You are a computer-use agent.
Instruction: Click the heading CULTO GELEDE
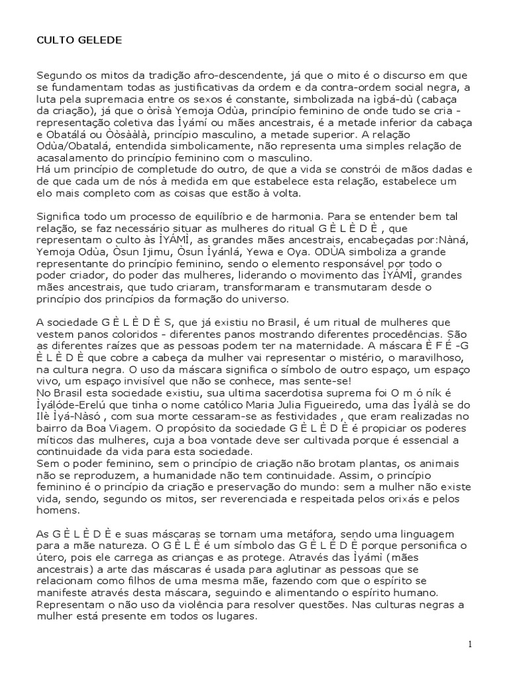[x=79, y=40]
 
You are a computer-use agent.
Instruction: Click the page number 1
[x=469, y=646]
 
